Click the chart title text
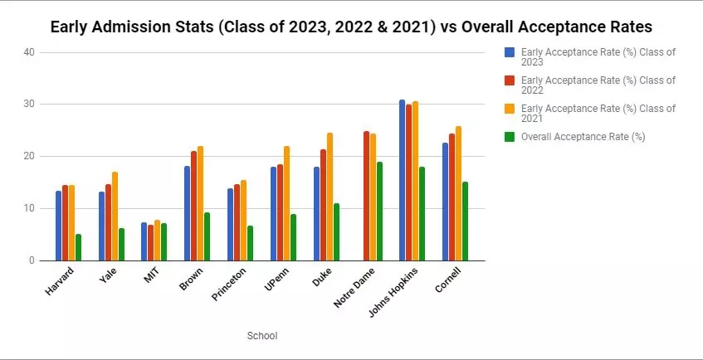pos(351,26)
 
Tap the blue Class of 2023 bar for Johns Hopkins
pos(403,181)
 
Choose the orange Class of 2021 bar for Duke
pos(330,197)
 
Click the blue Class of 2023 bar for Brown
pos(188,213)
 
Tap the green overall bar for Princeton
pos(251,243)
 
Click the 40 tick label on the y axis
pos(29,52)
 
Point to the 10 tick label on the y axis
pos(29,208)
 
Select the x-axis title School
pos(262,336)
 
